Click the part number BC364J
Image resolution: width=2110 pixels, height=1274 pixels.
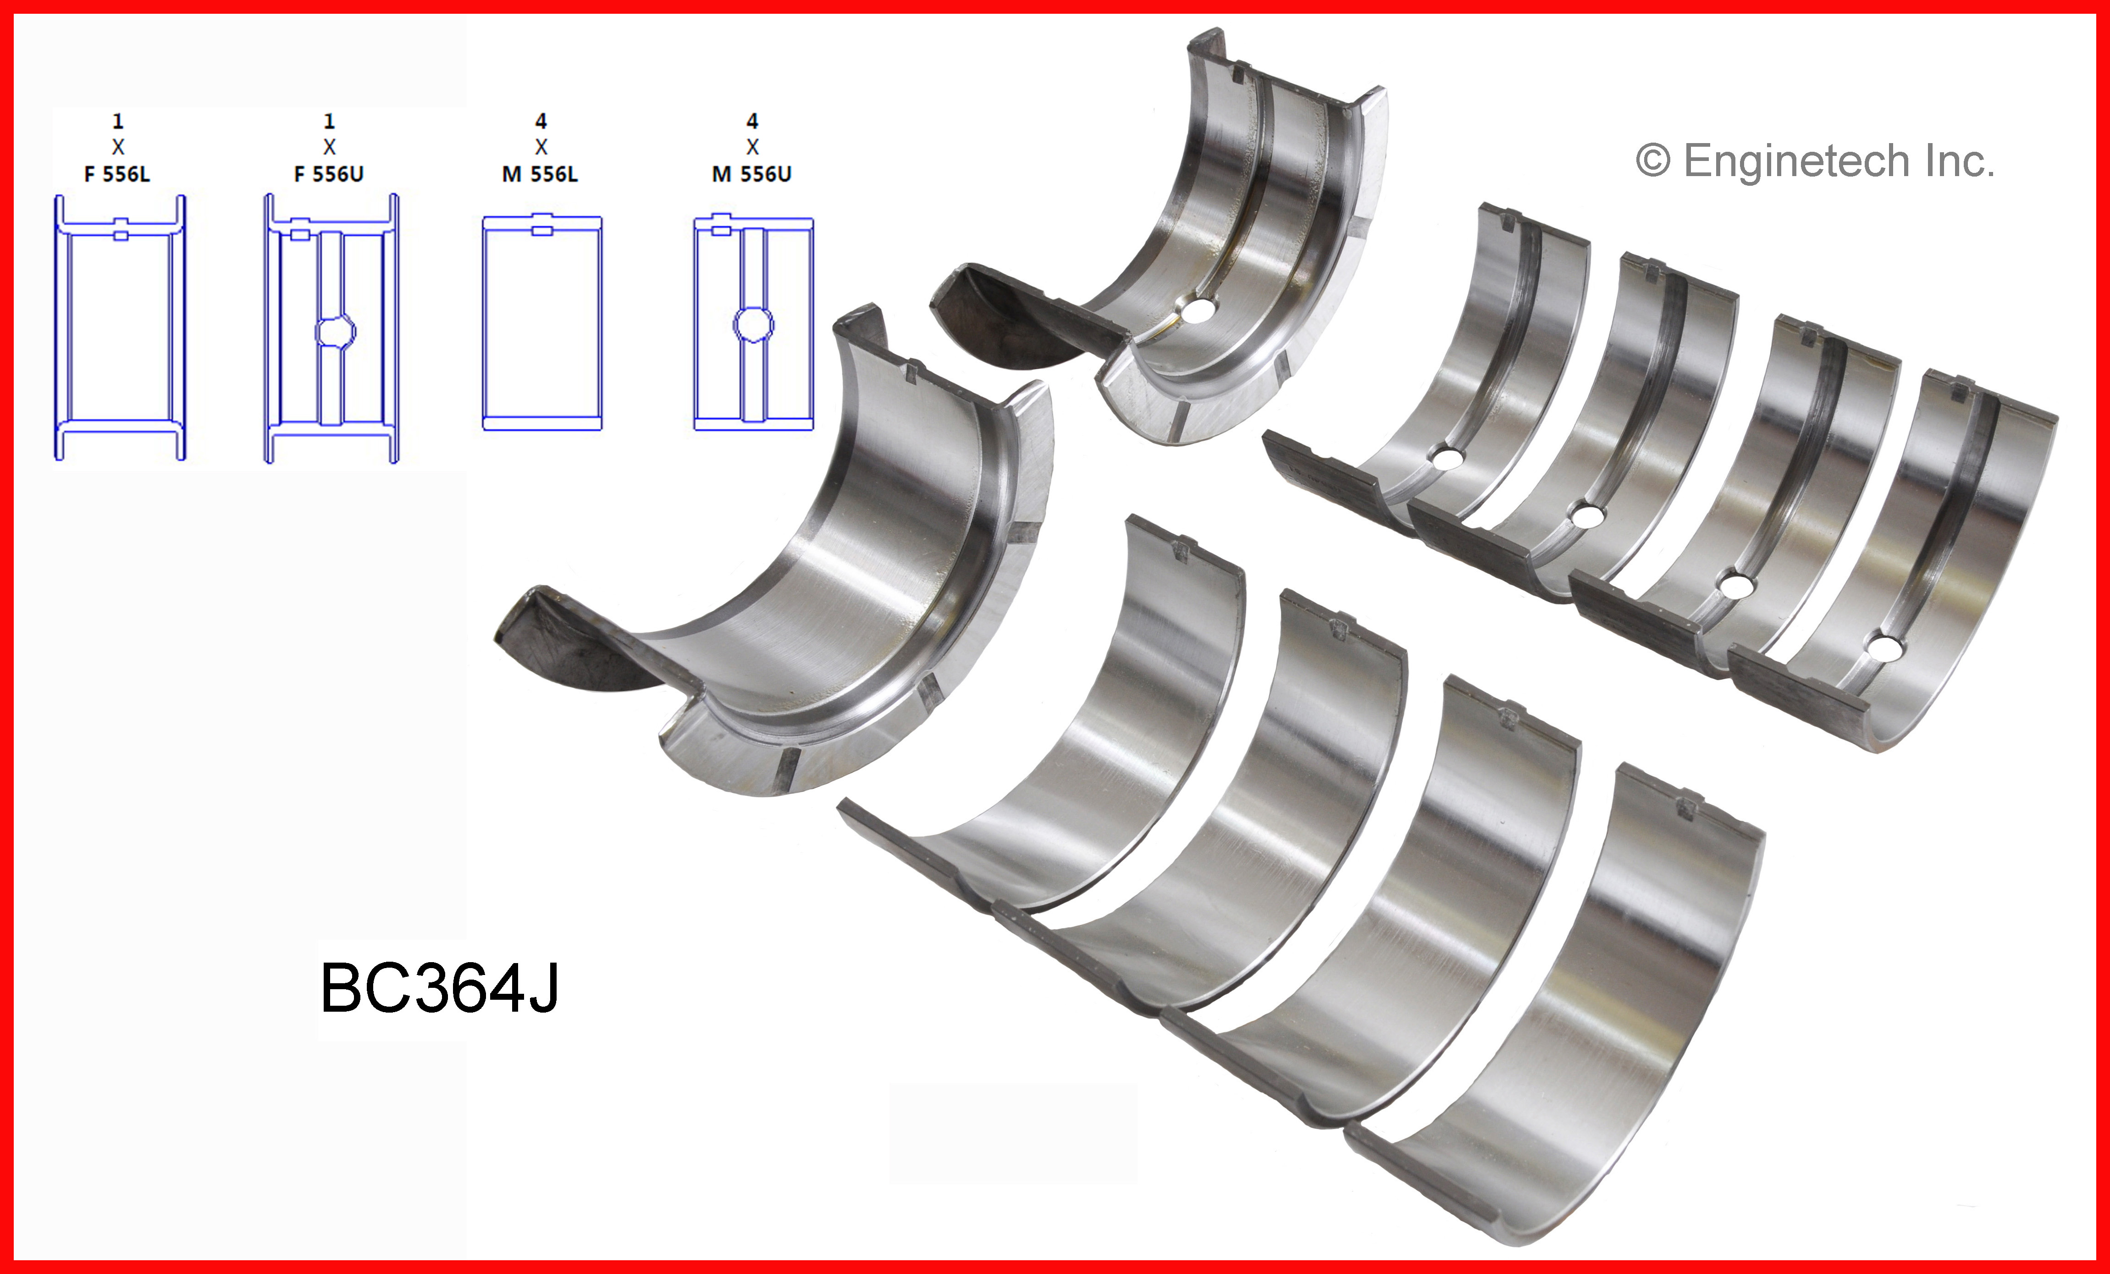[x=439, y=988]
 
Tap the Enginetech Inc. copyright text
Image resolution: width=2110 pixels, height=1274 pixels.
[x=1816, y=161]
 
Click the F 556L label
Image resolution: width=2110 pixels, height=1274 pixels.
[x=117, y=174]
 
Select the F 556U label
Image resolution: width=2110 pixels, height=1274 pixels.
[x=329, y=174]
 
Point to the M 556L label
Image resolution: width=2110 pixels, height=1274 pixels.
[x=541, y=174]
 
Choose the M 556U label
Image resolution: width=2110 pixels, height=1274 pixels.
[x=752, y=174]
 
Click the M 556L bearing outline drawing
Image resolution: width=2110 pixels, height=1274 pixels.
[x=542, y=322]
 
